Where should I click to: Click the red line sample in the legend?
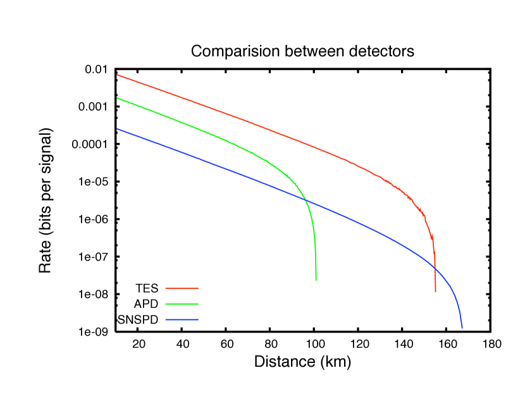(x=182, y=288)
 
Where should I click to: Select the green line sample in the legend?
(x=182, y=304)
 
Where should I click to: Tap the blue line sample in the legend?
(x=182, y=320)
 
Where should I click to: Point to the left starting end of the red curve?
(x=118, y=75)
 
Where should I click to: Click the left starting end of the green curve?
(x=118, y=99)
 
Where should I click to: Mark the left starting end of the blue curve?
(x=118, y=129)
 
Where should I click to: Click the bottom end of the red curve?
(x=435, y=292)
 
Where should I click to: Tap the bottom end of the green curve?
(x=316, y=280)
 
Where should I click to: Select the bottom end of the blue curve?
(x=462, y=328)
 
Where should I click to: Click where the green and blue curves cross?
(x=306, y=200)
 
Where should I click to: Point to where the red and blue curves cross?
(x=435, y=268)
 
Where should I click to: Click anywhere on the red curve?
(x=253, y=123)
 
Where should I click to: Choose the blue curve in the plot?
(x=209, y=163)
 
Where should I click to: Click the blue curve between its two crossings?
(x=373, y=228)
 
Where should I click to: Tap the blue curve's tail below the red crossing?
(x=454, y=297)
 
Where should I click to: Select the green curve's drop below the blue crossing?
(x=315, y=247)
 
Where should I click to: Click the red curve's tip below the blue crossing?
(x=435, y=281)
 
